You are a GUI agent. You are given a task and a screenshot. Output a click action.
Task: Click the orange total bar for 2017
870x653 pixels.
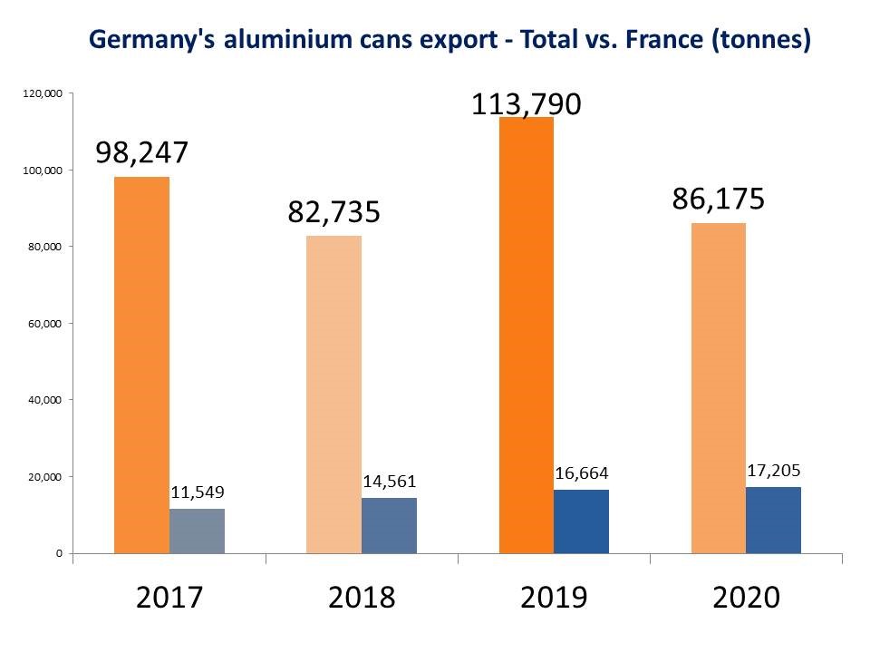coord(141,365)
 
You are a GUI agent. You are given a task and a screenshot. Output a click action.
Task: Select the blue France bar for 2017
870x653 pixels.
coord(197,531)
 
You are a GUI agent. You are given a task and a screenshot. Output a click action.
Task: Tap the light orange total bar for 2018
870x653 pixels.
coord(333,395)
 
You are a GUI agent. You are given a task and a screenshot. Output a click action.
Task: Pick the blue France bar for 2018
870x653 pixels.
coord(389,525)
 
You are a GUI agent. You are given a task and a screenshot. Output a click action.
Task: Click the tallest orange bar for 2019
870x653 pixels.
coord(526,335)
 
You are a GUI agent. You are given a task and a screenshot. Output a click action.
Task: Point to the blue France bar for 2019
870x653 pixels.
coord(581,521)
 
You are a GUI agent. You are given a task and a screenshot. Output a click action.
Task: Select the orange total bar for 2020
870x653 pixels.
coord(718,388)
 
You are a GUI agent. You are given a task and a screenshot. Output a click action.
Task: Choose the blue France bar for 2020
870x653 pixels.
coord(773,520)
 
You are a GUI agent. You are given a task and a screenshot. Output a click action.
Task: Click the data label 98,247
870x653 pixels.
coord(141,152)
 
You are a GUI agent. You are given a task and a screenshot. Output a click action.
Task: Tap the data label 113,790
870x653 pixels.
coord(526,104)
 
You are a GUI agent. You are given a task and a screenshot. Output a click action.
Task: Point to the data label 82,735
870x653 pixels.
coord(333,212)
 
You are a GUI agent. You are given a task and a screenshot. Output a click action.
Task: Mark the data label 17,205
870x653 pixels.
coord(773,471)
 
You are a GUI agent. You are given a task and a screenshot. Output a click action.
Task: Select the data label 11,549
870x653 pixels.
coord(197,492)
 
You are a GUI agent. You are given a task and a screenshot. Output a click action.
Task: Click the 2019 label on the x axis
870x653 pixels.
coord(554,598)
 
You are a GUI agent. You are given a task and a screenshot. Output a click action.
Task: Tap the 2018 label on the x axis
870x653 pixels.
coord(362,598)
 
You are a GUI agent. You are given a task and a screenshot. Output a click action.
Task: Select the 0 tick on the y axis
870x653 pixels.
coord(59,552)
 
